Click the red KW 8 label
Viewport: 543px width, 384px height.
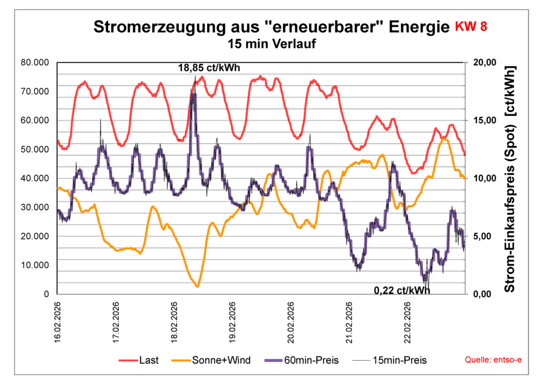pyautogui.click(x=470, y=27)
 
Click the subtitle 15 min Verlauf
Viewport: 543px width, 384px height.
pyautogui.click(x=271, y=44)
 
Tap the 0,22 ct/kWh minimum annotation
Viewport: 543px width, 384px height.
pyautogui.click(x=402, y=290)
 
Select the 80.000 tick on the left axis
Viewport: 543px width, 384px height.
pyautogui.click(x=35, y=63)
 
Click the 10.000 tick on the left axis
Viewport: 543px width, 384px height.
pyautogui.click(x=35, y=265)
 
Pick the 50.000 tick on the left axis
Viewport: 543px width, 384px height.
pyautogui.click(x=35, y=150)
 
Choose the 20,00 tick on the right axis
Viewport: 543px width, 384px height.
pyautogui.click(x=484, y=63)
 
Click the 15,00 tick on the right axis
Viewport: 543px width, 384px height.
pyautogui.click(x=484, y=120)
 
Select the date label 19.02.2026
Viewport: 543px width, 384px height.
pyautogui.click(x=232, y=324)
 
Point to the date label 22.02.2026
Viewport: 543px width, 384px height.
pyautogui.click(x=407, y=324)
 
